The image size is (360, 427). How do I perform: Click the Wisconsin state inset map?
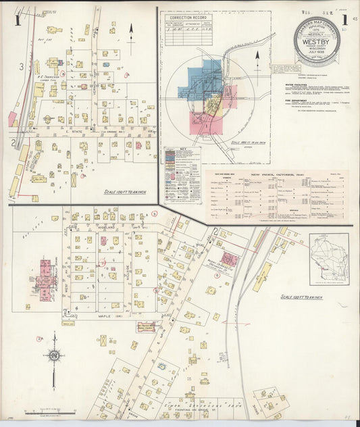[x=329, y=259]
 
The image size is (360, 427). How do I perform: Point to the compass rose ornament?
[x=54, y=355]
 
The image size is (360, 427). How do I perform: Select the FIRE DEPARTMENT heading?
[x=298, y=104]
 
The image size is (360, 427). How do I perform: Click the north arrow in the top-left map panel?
[x=131, y=29]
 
